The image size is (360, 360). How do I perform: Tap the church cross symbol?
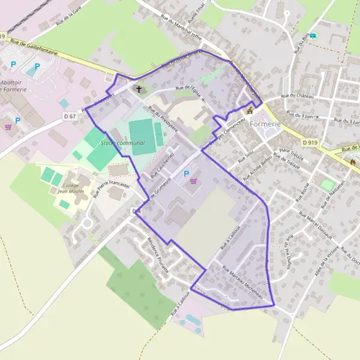139,89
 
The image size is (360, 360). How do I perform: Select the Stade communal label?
122,143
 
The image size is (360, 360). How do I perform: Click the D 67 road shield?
69,116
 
